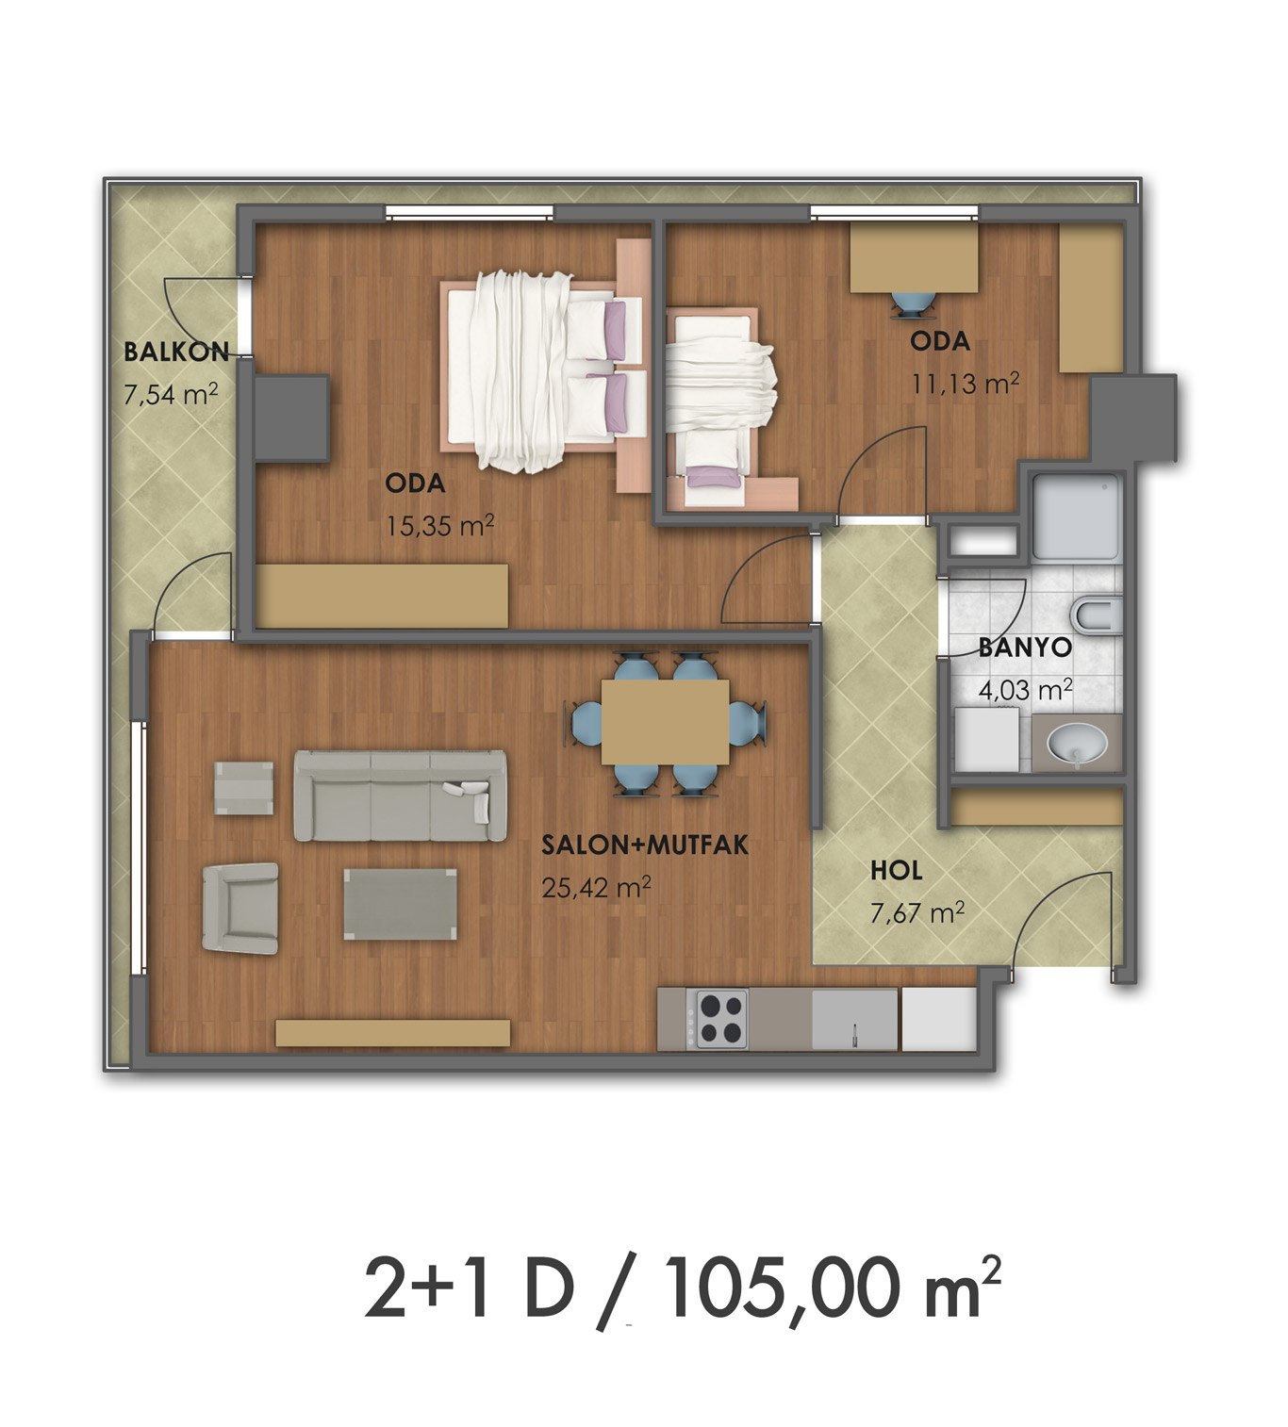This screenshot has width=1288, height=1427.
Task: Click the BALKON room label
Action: (176, 352)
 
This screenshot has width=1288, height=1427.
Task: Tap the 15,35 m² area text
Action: (439, 527)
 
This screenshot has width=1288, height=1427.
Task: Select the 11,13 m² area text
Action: (966, 384)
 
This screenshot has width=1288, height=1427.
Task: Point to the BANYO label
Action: (1025, 648)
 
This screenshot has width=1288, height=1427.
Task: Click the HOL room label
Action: (897, 870)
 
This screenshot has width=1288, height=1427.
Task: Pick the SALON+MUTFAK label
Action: (645, 845)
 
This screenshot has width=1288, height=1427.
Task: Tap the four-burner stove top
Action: (721, 1019)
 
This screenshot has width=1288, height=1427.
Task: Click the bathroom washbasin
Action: (1077, 744)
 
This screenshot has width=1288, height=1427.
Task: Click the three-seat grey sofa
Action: (400, 796)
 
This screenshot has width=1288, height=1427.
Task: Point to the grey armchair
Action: (240, 907)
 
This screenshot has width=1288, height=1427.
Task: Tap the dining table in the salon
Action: (666, 721)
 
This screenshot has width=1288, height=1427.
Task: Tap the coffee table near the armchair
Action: (401, 904)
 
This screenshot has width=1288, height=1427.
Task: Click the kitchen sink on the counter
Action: (854, 1019)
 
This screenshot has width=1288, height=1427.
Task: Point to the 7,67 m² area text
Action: (917, 912)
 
